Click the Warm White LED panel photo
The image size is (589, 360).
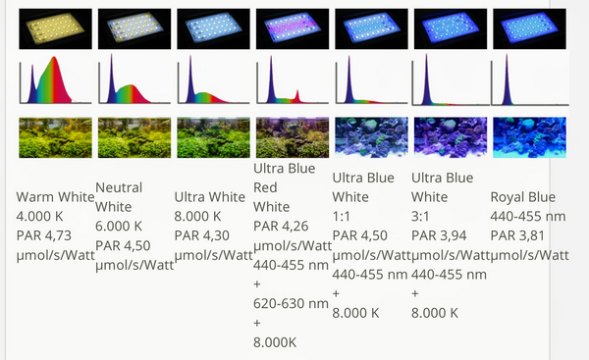point(55,28)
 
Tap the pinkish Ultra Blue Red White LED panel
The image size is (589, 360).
point(293,28)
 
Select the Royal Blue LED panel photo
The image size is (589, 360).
point(529,28)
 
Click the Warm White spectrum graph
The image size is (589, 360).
point(55,79)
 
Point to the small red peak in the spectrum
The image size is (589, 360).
point(297,95)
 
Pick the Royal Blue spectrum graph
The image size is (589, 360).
point(530,79)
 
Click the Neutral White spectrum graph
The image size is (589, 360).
point(134,78)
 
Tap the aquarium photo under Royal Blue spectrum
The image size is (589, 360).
point(529,137)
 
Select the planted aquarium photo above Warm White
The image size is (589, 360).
point(55,137)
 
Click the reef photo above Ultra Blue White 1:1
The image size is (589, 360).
point(371,137)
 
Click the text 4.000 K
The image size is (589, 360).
point(39,216)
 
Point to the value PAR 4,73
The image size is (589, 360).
point(44,235)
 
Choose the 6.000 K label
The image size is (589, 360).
point(119,226)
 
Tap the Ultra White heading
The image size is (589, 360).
point(210,197)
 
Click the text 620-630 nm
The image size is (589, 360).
point(291,303)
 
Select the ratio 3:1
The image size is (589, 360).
point(420,216)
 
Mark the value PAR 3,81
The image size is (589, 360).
point(517,235)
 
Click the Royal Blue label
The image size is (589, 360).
point(523,197)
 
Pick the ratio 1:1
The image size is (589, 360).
point(341,216)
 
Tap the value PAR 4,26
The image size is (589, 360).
point(281,226)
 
